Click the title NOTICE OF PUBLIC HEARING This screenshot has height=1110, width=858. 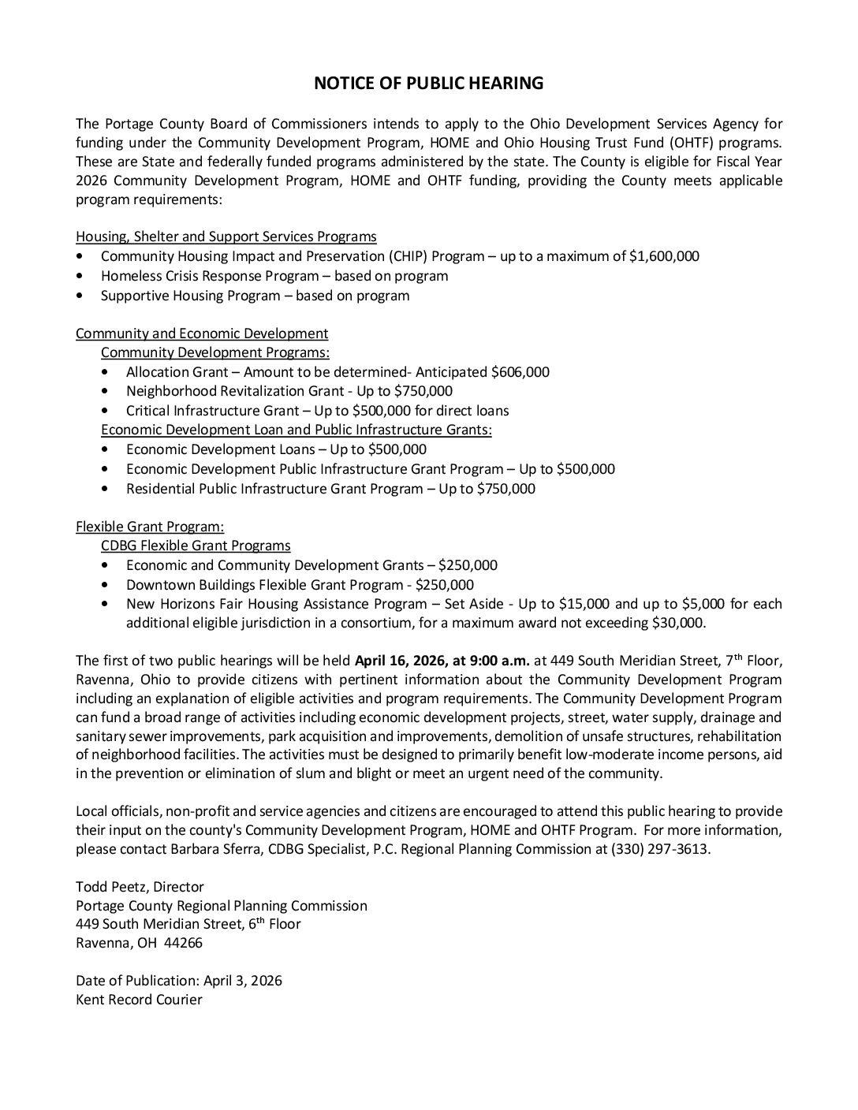coord(429,84)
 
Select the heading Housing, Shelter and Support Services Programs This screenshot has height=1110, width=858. coord(226,237)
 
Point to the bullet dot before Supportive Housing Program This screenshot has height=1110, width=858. coord(80,296)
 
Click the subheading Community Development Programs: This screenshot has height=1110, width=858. coord(215,352)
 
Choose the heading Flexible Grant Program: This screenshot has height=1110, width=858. coord(150,527)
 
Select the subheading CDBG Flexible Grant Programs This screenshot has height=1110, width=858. coord(196,546)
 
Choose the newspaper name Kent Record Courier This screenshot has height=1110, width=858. coord(139,1000)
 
